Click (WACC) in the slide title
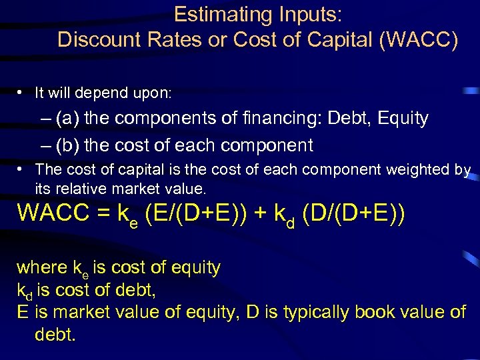pyautogui.click(x=418, y=40)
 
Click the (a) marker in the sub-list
pyautogui.click(x=69, y=119)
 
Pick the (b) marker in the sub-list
pyautogui.click(x=69, y=145)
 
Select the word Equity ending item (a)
pyautogui.click(x=402, y=119)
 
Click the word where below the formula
pyautogui.click(x=41, y=268)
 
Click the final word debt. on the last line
pyautogui.click(x=55, y=334)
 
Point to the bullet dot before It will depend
pyautogui.click(x=23, y=91)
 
